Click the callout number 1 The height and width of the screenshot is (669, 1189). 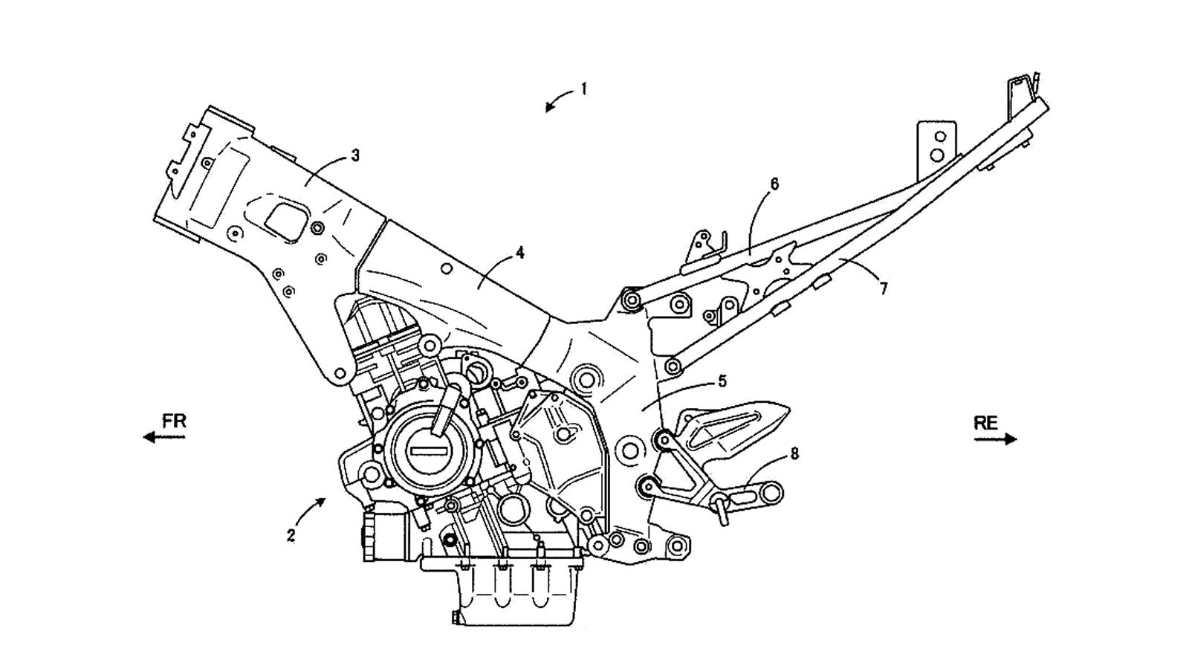[x=584, y=89]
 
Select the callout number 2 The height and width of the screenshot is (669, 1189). [x=291, y=535]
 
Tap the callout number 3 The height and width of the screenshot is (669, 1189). [x=355, y=155]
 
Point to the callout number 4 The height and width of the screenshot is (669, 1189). [x=519, y=253]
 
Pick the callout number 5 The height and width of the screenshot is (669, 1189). [x=722, y=381]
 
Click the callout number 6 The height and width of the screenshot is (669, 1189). [x=774, y=184]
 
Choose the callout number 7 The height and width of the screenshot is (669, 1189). [x=883, y=289]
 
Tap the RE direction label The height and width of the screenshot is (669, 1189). [x=985, y=423]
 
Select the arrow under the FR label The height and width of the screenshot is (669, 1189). [x=164, y=438]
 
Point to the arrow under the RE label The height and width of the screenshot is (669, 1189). [x=996, y=439]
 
